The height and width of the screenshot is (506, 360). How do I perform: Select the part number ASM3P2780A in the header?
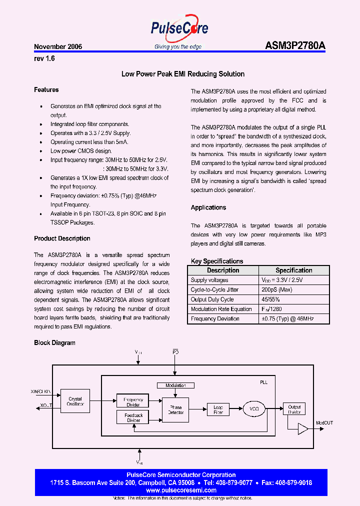click(x=295, y=46)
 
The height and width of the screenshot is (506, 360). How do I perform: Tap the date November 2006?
click(x=58, y=46)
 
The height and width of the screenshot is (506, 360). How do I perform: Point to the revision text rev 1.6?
click(x=44, y=58)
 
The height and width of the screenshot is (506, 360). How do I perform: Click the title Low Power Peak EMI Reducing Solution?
click(x=183, y=74)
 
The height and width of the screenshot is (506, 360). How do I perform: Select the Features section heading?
click(x=46, y=90)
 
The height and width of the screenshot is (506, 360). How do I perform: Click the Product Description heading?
click(x=62, y=238)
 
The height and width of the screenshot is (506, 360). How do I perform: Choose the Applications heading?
click(x=208, y=207)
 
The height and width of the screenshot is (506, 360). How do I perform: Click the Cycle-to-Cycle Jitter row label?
click(x=214, y=290)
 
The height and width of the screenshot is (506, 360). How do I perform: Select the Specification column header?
click(x=294, y=270)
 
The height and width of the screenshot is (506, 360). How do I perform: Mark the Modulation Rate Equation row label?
click(x=221, y=309)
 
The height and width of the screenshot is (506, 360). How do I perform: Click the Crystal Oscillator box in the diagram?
click(x=75, y=401)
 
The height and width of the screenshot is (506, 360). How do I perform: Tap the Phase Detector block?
click(x=176, y=409)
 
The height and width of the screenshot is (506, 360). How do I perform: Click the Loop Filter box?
click(x=218, y=409)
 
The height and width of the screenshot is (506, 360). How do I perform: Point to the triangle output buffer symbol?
click(x=302, y=428)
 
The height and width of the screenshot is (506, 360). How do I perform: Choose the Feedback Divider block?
click(x=133, y=418)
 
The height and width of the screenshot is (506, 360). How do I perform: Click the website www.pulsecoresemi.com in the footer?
click(x=181, y=490)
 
